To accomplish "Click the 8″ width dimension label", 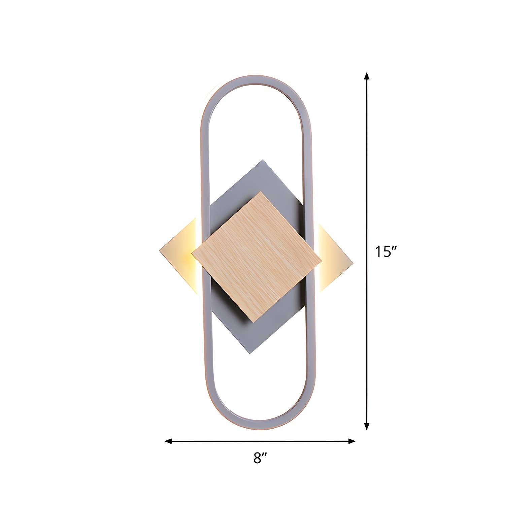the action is (x=260, y=458).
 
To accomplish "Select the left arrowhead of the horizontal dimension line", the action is (x=168, y=441).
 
